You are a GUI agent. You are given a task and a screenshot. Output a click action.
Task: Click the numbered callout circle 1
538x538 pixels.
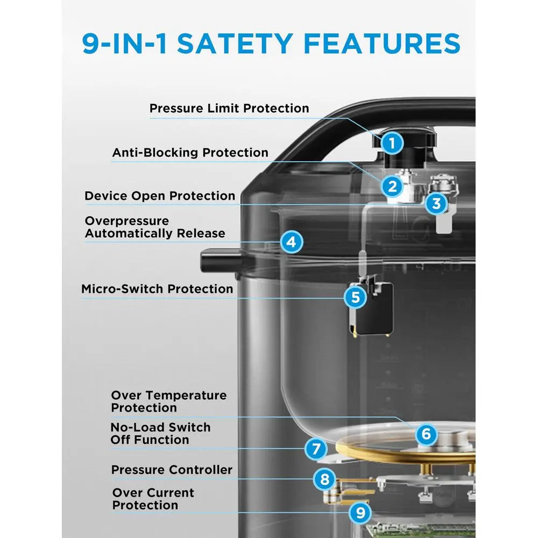coord(392,143)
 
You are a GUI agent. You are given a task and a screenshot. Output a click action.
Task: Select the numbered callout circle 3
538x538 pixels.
coord(436,203)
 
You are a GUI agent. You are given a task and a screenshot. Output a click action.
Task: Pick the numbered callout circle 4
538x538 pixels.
coord(291,242)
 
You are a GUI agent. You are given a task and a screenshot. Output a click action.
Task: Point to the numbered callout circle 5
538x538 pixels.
coord(356,297)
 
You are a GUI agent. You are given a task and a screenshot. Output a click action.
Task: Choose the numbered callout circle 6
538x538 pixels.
coord(426,434)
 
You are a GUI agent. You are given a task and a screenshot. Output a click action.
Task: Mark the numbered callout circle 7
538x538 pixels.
coord(316,449)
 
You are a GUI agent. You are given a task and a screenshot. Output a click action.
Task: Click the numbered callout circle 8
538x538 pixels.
coord(324,479)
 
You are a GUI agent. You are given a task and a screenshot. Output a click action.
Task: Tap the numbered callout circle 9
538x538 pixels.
coord(360,513)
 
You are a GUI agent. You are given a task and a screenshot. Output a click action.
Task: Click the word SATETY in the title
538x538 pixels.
coord(235,44)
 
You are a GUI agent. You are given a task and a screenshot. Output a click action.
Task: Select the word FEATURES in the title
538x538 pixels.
coord(382,44)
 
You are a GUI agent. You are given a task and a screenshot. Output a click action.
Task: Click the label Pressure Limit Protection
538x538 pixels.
coord(229,109)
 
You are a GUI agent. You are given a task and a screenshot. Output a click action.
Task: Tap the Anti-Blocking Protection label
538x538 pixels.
coord(190,152)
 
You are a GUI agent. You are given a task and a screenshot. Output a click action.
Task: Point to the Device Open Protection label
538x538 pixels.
coord(160,196)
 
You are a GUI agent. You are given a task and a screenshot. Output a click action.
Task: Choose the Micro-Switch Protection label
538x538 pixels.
coord(157,289)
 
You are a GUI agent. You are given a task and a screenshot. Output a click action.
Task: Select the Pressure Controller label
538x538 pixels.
coord(172,470)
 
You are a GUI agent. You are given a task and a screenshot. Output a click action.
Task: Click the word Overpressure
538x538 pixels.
coord(127,221)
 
